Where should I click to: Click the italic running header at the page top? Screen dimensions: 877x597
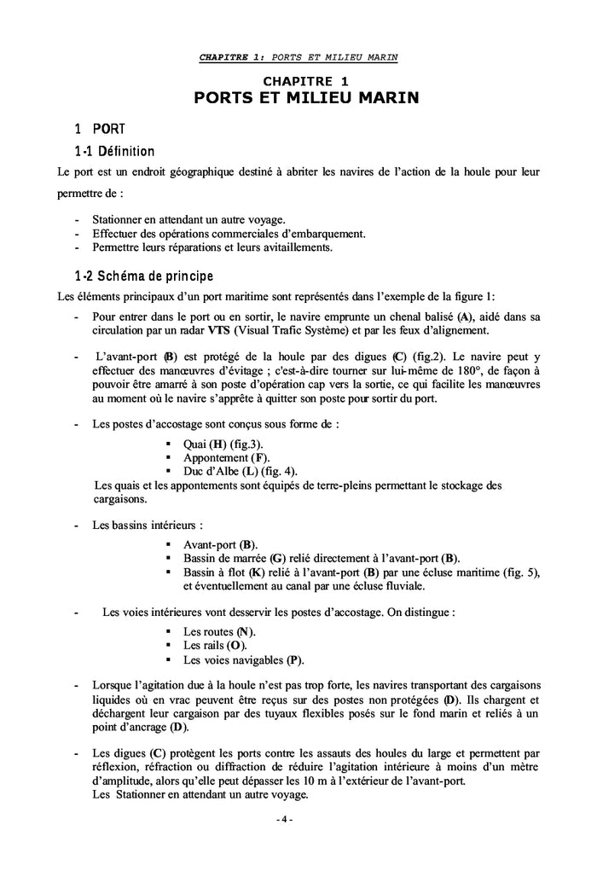point(298,57)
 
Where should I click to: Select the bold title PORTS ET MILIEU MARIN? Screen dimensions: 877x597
point(306,98)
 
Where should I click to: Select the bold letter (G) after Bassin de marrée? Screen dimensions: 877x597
point(277,557)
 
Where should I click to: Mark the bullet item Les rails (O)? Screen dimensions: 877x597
point(209,646)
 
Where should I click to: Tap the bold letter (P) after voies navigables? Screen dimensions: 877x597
point(294,659)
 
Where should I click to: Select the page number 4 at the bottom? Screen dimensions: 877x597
point(284,820)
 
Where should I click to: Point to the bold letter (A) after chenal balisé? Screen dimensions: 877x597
point(465,317)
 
